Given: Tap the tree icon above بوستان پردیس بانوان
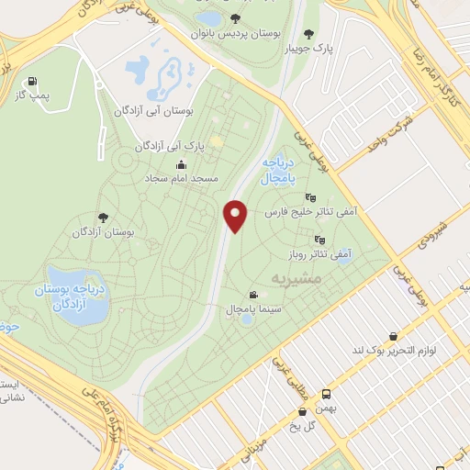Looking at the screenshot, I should tap(237, 17).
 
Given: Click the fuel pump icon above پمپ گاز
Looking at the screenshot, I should tap(34, 80).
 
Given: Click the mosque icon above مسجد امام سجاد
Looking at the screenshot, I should tap(177, 164).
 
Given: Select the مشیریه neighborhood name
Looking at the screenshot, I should tap(295, 275).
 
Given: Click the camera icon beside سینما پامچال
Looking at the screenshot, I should tap(252, 296).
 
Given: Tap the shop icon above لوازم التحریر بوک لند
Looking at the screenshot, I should tap(394, 336).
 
